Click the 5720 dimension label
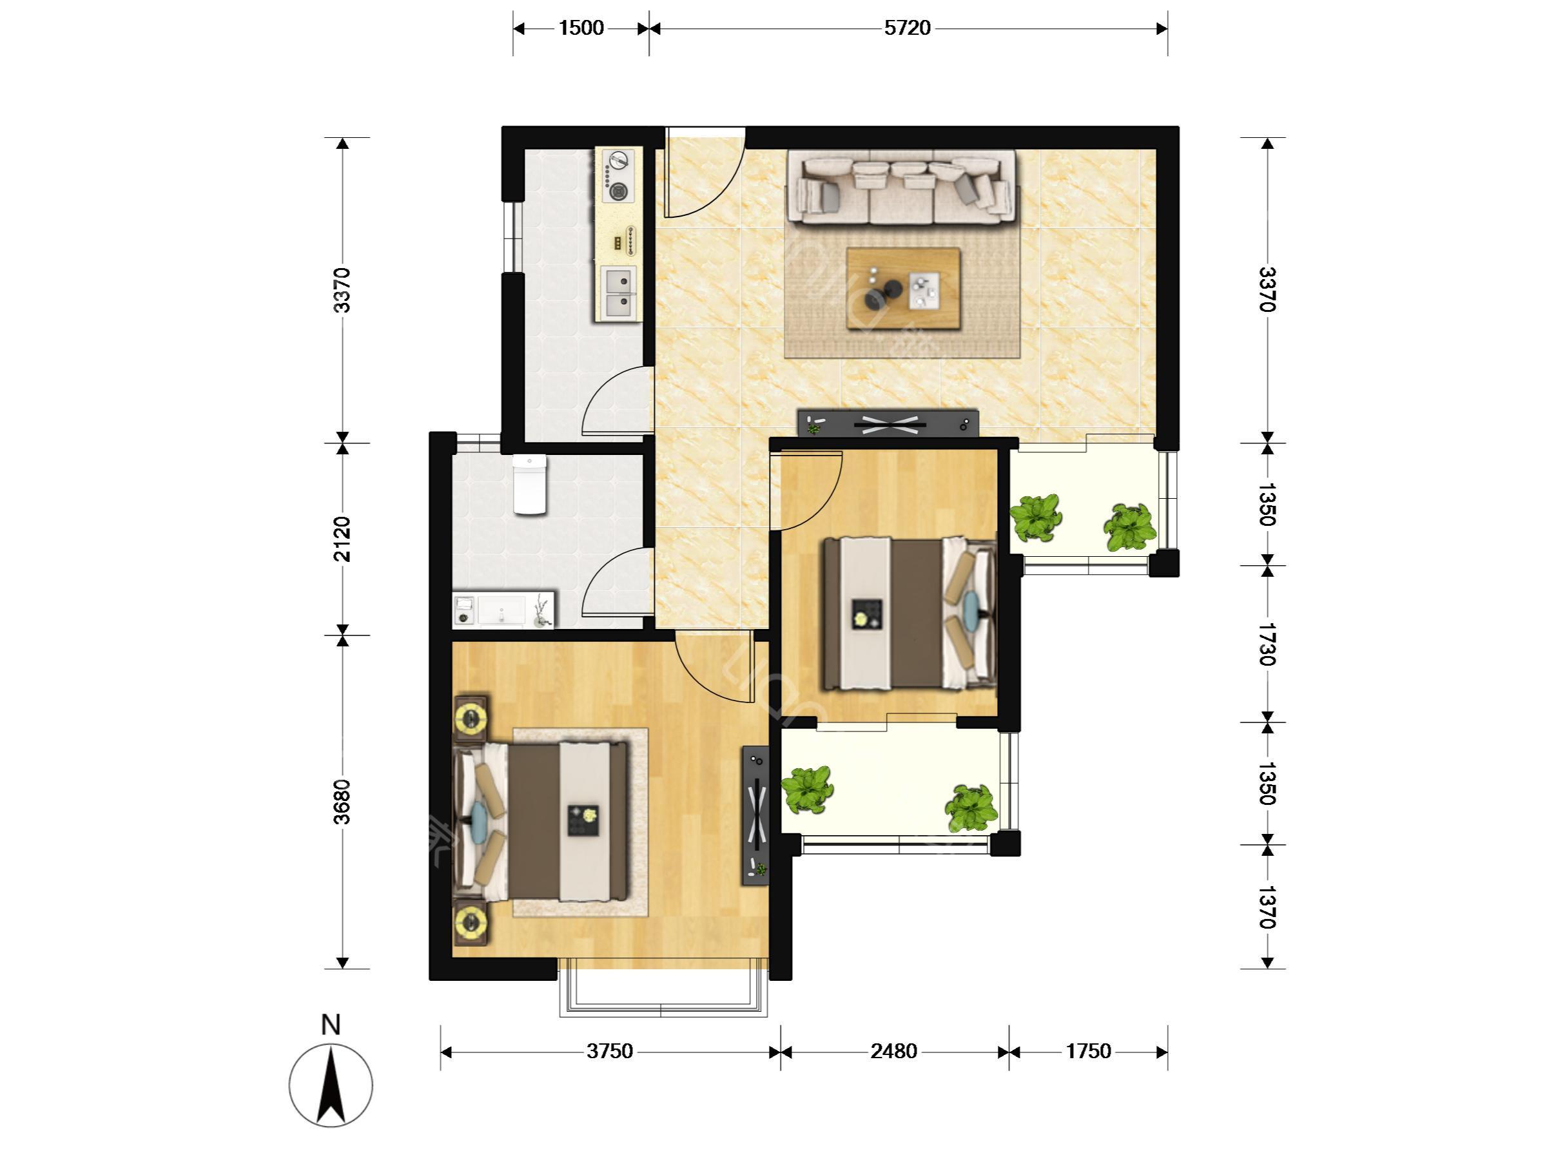coord(907,28)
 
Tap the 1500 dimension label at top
coord(581,28)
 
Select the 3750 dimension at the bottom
coord(610,1052)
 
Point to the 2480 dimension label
coord(894,1052)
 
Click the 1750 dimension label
coord(1088,1052)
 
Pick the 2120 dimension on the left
coord(342,539)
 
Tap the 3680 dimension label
coord(342,802)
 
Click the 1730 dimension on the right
coord(1267,643)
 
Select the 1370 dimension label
coord(1267,907)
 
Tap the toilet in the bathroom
coord(529,485)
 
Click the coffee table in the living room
coord(903,287)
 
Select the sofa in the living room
coord(902,188)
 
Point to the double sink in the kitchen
coord(618,293)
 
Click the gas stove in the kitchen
coord(618,175)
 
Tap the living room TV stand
coord(888,422)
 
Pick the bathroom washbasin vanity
coord(503,610)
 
